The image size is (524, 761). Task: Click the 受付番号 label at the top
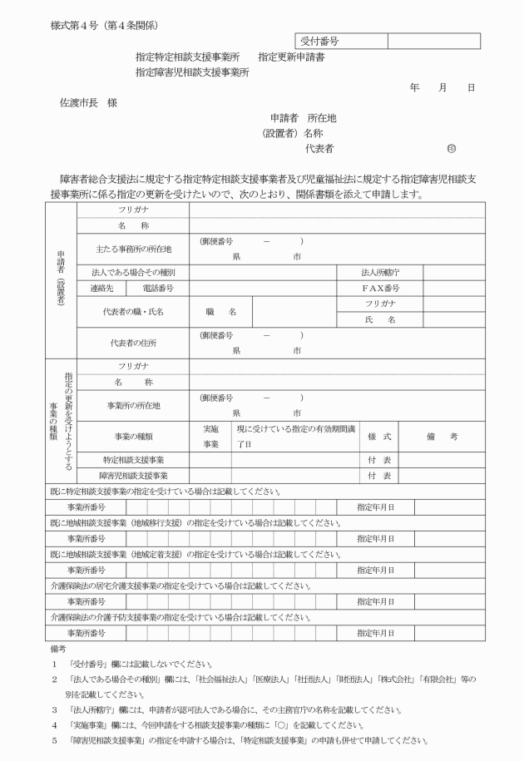point(320,41)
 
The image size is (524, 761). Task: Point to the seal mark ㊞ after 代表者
point(452,149)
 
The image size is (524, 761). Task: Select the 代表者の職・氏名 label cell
point(133,312)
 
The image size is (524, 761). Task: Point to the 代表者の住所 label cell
point(133,343)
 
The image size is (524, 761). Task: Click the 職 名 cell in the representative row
point(220,312)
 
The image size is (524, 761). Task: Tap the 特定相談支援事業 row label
point(133,459)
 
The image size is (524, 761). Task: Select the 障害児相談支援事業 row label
point(133,475)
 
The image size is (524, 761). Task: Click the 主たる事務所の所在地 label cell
point(133,249)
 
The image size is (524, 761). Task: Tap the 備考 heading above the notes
point(58,648)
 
